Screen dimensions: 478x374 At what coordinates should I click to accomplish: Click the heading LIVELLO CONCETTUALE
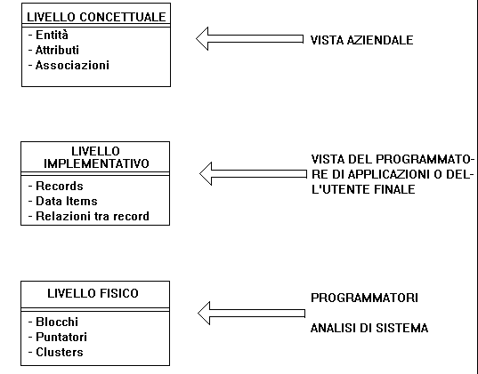96,17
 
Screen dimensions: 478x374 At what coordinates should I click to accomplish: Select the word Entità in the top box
52,35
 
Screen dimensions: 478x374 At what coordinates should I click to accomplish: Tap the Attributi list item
57,51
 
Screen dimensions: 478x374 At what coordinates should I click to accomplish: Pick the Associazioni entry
72,66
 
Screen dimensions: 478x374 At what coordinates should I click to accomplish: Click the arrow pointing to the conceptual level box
249,39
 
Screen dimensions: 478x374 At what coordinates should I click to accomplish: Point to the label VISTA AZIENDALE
362,40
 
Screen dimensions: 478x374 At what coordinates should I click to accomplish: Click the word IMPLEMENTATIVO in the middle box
96,163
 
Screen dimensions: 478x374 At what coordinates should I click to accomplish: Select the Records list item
60,186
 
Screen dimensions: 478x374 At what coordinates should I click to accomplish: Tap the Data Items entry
67,201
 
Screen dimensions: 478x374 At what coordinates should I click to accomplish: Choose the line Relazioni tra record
93,217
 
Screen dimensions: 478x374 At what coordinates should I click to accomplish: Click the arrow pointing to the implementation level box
253,174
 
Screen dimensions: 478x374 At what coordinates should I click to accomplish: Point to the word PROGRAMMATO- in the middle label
425,159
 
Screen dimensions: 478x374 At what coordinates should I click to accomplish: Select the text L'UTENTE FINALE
363,189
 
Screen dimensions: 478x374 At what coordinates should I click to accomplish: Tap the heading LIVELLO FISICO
93,293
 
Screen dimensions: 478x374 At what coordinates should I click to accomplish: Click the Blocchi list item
57,322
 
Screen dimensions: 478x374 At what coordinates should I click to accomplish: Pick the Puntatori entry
61,338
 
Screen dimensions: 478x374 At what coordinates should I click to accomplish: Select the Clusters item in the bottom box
60,353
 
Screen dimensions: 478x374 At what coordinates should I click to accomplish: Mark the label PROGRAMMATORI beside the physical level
364,298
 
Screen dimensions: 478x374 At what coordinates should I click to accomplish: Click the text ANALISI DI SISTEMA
369,328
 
